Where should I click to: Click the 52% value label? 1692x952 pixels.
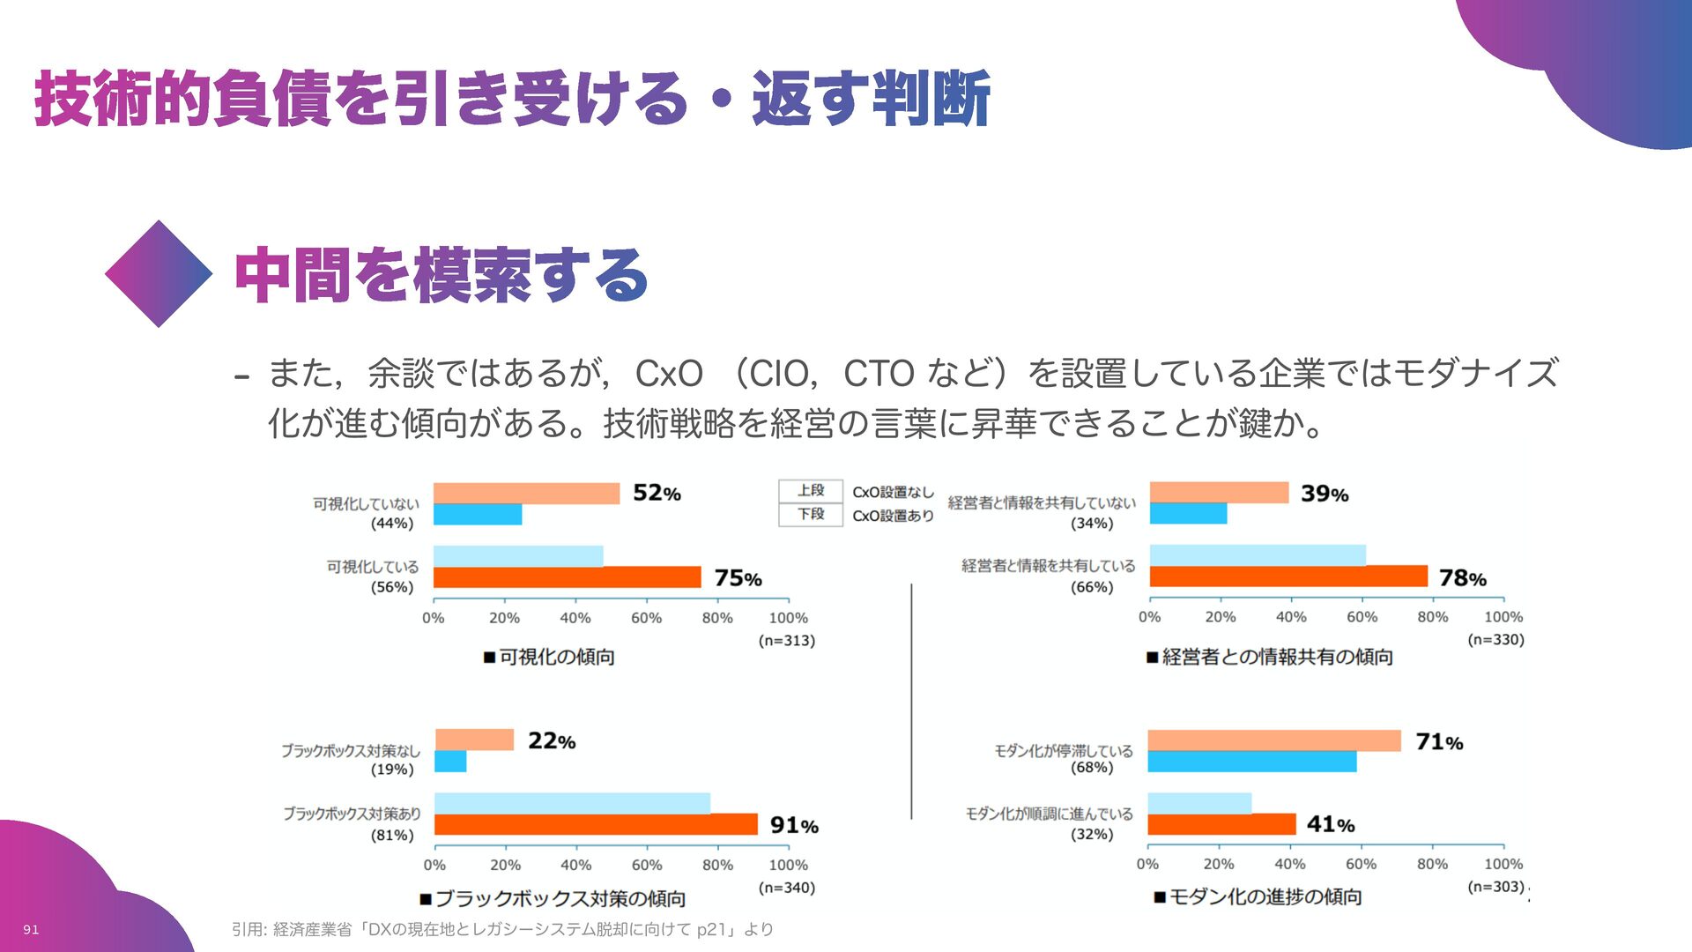coord(657,493)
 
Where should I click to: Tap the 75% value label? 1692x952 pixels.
coord(738,578)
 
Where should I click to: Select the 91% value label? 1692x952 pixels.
coord(794,825)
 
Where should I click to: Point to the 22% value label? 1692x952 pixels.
coord(552,741)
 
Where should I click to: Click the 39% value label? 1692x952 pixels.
coord(1325,494)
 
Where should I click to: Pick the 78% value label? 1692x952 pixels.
coord(1463,578)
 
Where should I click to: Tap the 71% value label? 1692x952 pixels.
coord(1439,742)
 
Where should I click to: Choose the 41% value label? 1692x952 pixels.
coord(1331,824)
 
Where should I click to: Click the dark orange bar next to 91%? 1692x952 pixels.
coord(596,824)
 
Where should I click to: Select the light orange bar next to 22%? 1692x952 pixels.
coord(474,740)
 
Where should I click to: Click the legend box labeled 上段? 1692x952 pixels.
coord(811,491)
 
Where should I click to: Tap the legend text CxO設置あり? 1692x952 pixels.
coord(893,516)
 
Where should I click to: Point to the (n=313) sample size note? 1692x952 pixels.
coord(787,641)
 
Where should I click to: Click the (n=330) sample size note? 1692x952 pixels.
coord(1495,640)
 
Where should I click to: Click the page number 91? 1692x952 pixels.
coord(31,930)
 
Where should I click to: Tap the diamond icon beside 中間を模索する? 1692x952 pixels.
coord(159,274)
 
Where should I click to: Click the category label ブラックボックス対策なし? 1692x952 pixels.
coord(351,751)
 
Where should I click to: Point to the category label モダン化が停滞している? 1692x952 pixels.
coord(1064,751)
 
